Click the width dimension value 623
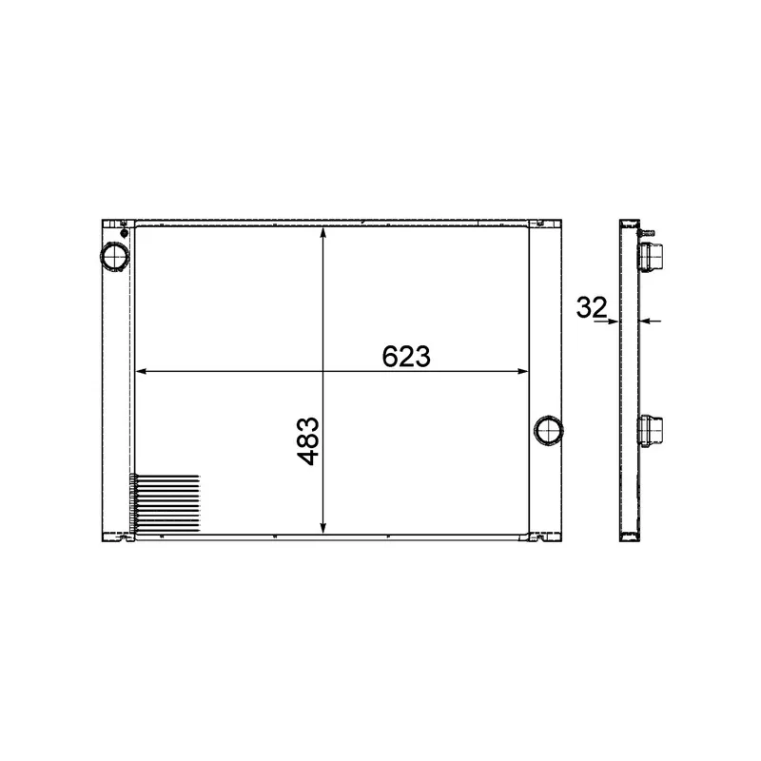(x=406, y=356)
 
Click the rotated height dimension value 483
(x=308, y=441)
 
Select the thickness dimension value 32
(x=592, y=307)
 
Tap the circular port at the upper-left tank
(x=115, y=256)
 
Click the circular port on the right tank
(x=549, y=430)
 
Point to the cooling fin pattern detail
(x=165, y=503)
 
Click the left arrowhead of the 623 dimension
(x=141, y=372)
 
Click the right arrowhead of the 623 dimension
(x=522, y=372)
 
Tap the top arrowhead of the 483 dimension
(x=323, y=233)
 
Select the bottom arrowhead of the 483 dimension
(x=323, y=528)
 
